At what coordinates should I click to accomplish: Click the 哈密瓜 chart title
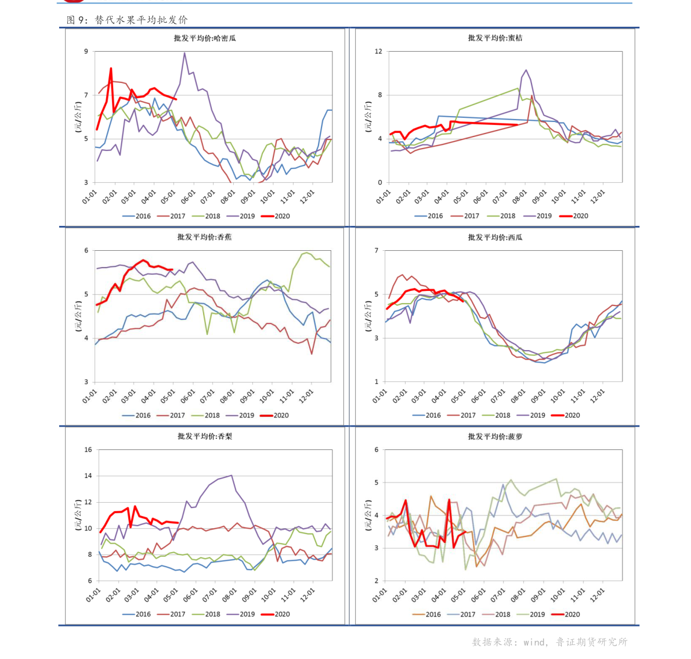pyautogui.click(x=205, y=38)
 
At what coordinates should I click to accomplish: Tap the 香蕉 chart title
pyautogui.click(x=204, y=237)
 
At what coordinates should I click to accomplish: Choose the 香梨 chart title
pyautogui.click(x=204, y=437)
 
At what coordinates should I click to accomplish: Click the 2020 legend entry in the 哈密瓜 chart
pyautogui.click(x=276, y=216)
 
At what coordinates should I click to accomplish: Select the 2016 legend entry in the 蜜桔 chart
pyautogui.click(x=429, y=216)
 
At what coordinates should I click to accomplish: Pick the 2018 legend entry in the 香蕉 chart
pyautogui.click(x=205, y=415)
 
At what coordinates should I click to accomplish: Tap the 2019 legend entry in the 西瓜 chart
pyautogui.click(x=531, y=415)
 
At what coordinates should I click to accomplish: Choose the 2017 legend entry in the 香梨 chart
pyautogui.click(x=171, y=614)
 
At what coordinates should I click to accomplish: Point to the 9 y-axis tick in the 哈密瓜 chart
pyautogui.click(x=86, y=52)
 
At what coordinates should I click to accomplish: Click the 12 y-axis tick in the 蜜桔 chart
pyautogui.click(x=378, y=52)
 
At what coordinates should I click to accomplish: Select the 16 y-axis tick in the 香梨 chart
pyautogui.click(x=88, y=450)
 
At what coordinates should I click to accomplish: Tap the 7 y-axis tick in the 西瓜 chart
pyautogui.click(x=377, y=251)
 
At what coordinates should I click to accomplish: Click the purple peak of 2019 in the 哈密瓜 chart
pyautogui.click(x=184, y=53)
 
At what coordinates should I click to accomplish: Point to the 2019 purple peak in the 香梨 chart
pyautogui.click(x=231, y=476)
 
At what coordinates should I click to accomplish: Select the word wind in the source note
pyautogui.click(x=534, y=642)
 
